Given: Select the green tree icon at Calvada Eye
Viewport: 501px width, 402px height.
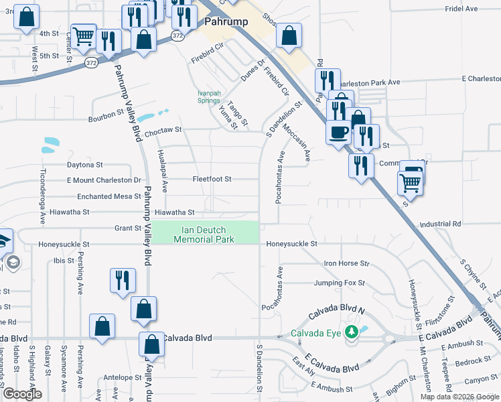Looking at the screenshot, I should tap(351, 332).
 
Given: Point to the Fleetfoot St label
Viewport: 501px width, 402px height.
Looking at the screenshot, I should tap(212, 180).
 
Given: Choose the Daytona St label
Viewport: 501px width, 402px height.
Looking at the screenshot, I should tap(84, 164).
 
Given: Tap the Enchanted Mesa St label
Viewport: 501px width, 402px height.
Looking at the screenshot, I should tap(109, 196).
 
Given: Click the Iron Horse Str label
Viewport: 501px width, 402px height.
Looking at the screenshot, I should tap(346, 264).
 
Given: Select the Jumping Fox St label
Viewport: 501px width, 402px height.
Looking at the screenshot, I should tap(341, 283).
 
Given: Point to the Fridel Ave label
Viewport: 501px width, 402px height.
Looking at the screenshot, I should tap(461, 9).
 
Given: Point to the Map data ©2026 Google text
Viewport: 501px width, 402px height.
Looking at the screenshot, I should tap(459, 397).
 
